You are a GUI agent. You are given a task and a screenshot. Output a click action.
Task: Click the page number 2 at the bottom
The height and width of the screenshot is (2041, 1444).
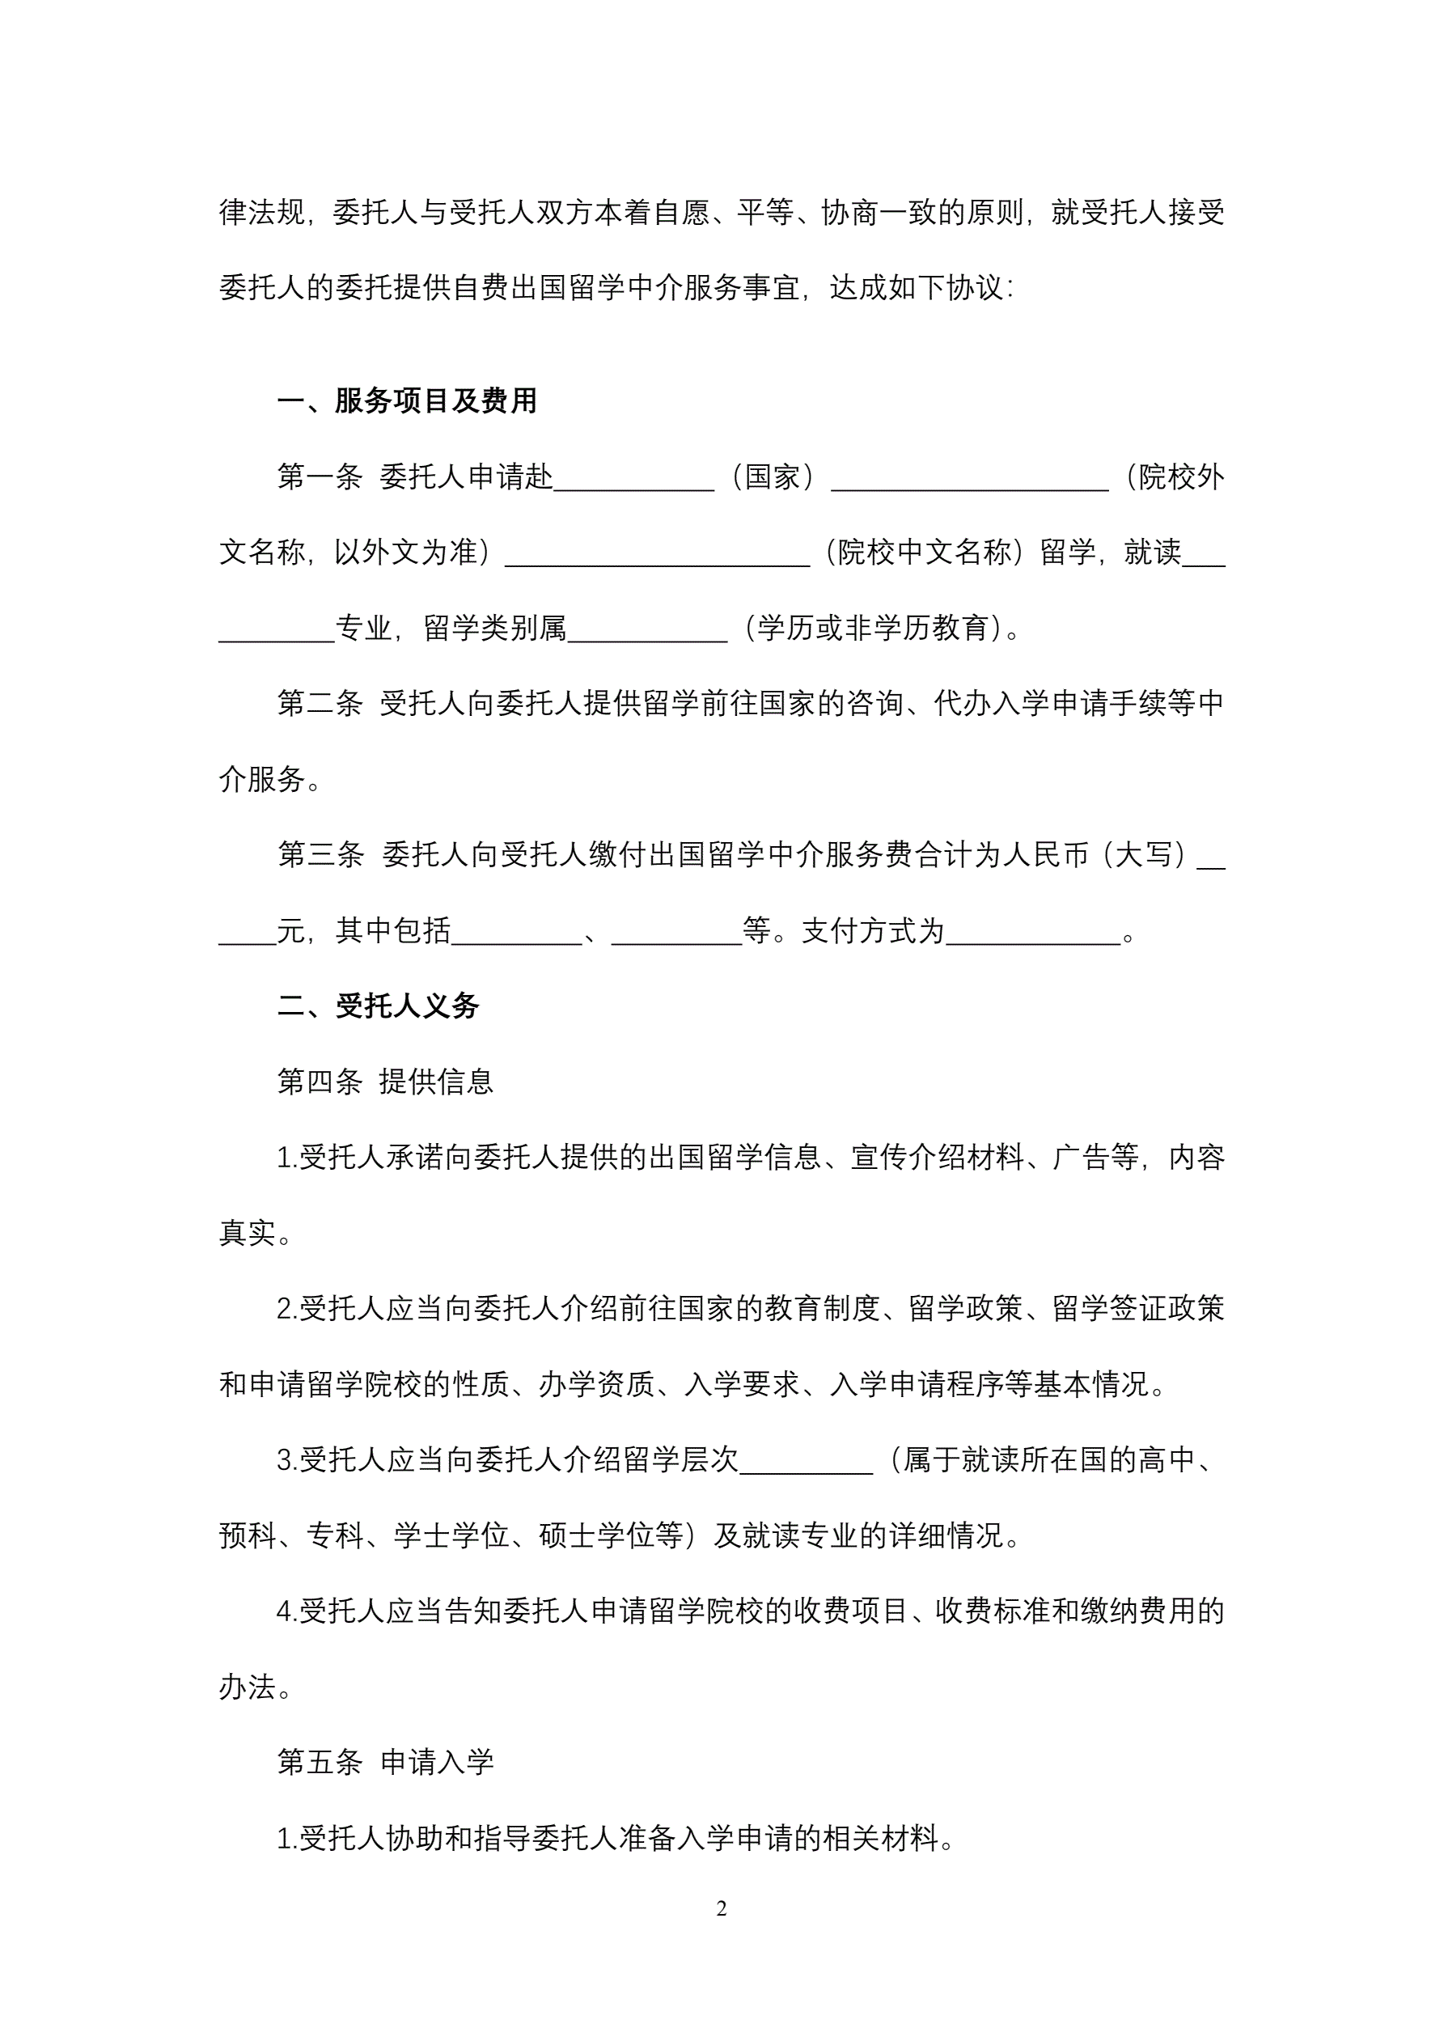pyautogui.click(x=721, y=1908)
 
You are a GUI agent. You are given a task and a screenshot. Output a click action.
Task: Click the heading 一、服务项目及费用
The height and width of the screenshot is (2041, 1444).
pyautogui.click(x=406, y=401)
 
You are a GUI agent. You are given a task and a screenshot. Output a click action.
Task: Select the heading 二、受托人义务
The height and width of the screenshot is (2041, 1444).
pyautogui.click(x=378, y=1006)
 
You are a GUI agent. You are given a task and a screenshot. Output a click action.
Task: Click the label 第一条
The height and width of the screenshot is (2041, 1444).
pyautogui.click(x=320, y=477)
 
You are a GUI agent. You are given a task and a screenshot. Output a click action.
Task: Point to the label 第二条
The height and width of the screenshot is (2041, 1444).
pyautogui.click(x=320, y=704)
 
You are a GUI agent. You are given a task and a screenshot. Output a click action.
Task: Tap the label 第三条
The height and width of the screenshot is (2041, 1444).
pyautogui.click(x=320, y=855)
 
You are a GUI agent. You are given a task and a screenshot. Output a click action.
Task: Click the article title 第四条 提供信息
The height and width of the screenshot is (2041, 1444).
pyautogui.click(x=385, y=1082)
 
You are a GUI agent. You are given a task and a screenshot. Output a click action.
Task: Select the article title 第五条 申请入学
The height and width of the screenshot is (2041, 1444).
pyautogui.click(x=385, y=1763)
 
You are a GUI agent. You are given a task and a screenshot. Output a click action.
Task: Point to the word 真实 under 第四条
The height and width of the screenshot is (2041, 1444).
pyautogui.click(x=248, y=1233)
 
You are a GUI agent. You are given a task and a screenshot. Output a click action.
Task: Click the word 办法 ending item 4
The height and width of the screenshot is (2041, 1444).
pyautogui.click(x=248, y=1687)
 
